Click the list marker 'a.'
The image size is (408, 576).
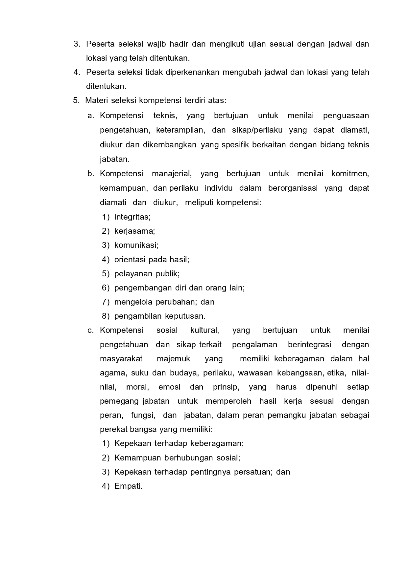tap(91, 116)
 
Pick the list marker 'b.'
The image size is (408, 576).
tap(91, 174)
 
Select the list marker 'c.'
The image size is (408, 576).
tap(91, 330)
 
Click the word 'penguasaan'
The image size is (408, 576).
tap(346, 116)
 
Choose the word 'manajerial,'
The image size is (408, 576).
tap(172, 174)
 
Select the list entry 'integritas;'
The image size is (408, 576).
tap(132, 217)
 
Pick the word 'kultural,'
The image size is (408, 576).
tap(204, 330)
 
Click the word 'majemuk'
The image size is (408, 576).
tap(173, 359)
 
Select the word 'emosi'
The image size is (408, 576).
tap(169, 387)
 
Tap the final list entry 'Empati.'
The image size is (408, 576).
tap(128, 486)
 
